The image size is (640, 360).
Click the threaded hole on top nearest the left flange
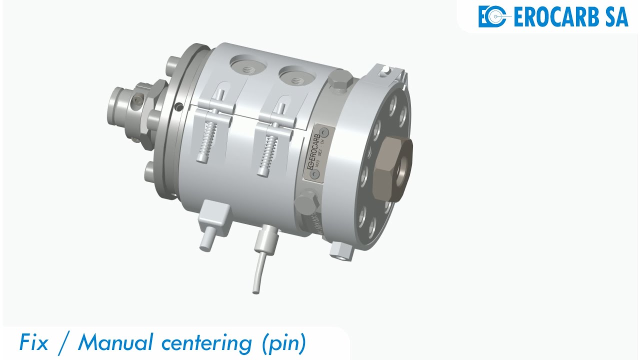[245, 66]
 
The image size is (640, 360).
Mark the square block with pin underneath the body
[214, 217]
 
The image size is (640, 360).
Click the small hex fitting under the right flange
[341, 251]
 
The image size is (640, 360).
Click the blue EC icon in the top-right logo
[493, 16]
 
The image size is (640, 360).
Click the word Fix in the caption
[34, 343]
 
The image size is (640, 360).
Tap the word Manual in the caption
[115, 343]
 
